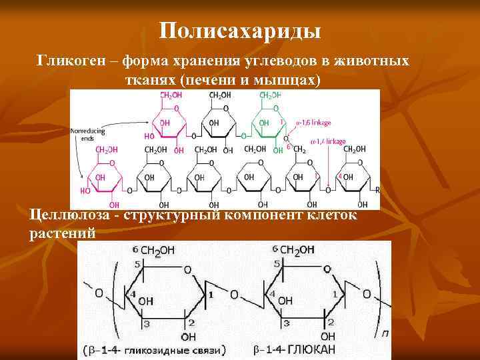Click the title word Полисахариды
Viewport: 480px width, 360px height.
click(x=240, y=31)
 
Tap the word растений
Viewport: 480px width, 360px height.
click(x=63, y=233)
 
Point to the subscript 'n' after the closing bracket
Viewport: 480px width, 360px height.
click(x=385, y=331)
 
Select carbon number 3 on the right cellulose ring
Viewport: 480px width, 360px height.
click(x=285, y=323)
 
